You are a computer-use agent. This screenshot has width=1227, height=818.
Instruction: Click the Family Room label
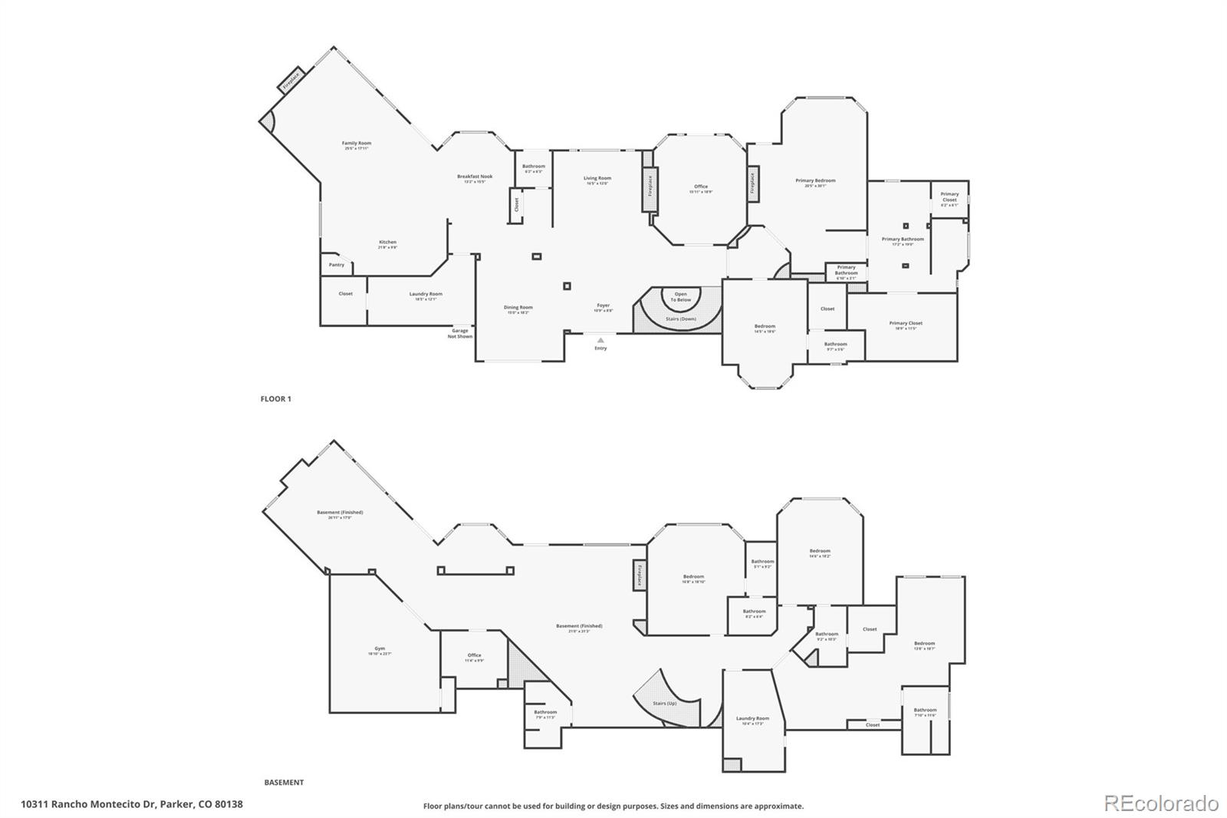click(x=357, y=144)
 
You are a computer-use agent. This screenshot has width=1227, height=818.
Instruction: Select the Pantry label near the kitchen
click(x=337, y=265)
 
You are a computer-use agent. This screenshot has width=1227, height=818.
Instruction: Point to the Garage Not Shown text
click(x=460, y=333)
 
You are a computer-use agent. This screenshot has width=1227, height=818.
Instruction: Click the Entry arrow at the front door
click(x=600, y=340)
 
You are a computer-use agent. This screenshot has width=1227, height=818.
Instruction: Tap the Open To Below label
click(x=680, y=296)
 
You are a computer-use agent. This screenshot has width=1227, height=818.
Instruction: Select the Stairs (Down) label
click(x=680, y=318)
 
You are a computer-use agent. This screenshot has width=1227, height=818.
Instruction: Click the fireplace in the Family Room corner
click(x=291, y=79)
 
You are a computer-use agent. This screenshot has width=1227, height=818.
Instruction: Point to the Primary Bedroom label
click(x=815, y=182)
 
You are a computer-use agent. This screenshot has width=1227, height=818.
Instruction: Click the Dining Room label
click(x=518, y=308)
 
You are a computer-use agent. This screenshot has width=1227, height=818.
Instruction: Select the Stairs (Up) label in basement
click(x=664, y=703)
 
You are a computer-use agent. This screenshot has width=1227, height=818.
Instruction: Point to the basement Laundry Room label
click(x=752, y=720)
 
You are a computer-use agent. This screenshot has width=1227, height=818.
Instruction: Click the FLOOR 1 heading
click(x=276, y=399)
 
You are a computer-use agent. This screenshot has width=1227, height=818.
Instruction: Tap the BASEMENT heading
click(x=284, y=783)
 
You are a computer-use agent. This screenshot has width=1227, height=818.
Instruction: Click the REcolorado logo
click(x=1160, y=803)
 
